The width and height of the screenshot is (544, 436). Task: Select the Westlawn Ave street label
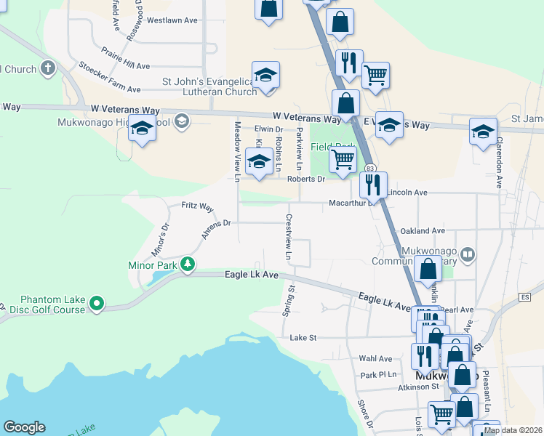[x=172, y=20]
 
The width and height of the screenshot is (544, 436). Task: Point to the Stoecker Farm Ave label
[x=110, y=80]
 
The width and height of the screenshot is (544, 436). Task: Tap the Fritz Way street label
[x=197, y=207]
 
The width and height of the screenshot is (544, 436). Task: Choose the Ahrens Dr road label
[x=216, y=228]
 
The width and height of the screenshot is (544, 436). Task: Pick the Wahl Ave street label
[x=375, y=358]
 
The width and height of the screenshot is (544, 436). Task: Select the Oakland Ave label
[x=423, y=230]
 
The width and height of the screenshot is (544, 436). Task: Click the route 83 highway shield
[x=371, y=169]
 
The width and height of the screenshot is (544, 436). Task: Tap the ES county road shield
[x=525, y=297]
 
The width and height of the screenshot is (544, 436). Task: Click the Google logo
[x=24, y=427]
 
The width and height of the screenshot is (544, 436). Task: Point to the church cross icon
[x=48, y=70]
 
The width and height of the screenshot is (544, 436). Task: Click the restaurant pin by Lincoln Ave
[x=373, y=185]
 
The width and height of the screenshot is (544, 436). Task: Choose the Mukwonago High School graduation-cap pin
[x=142, y=129]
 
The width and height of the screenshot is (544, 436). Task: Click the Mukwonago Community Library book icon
[x=468, y=254]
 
